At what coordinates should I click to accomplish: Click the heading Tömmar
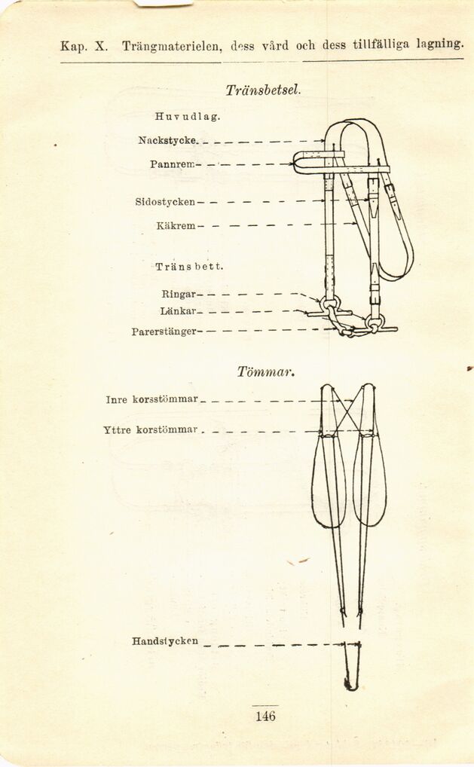coord(265,371)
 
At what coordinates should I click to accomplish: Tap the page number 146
coord(265,716)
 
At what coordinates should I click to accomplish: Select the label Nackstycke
coord(169,140)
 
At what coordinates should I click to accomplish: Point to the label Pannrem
coord(173,164)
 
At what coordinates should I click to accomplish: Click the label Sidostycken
coord(166,202)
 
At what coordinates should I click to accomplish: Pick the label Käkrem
coord(176,225)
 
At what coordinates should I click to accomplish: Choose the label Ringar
coord(179,294)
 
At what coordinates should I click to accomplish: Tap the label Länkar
coord(178,310)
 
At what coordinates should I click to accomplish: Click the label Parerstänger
coord(164,331)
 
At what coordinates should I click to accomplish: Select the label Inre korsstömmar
coord(152,399)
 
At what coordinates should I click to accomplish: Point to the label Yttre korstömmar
coord(151,430)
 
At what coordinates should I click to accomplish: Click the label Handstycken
coord(165,641)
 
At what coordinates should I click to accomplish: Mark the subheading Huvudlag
coord(188,117)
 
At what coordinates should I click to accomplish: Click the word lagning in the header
coord(440,44)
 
